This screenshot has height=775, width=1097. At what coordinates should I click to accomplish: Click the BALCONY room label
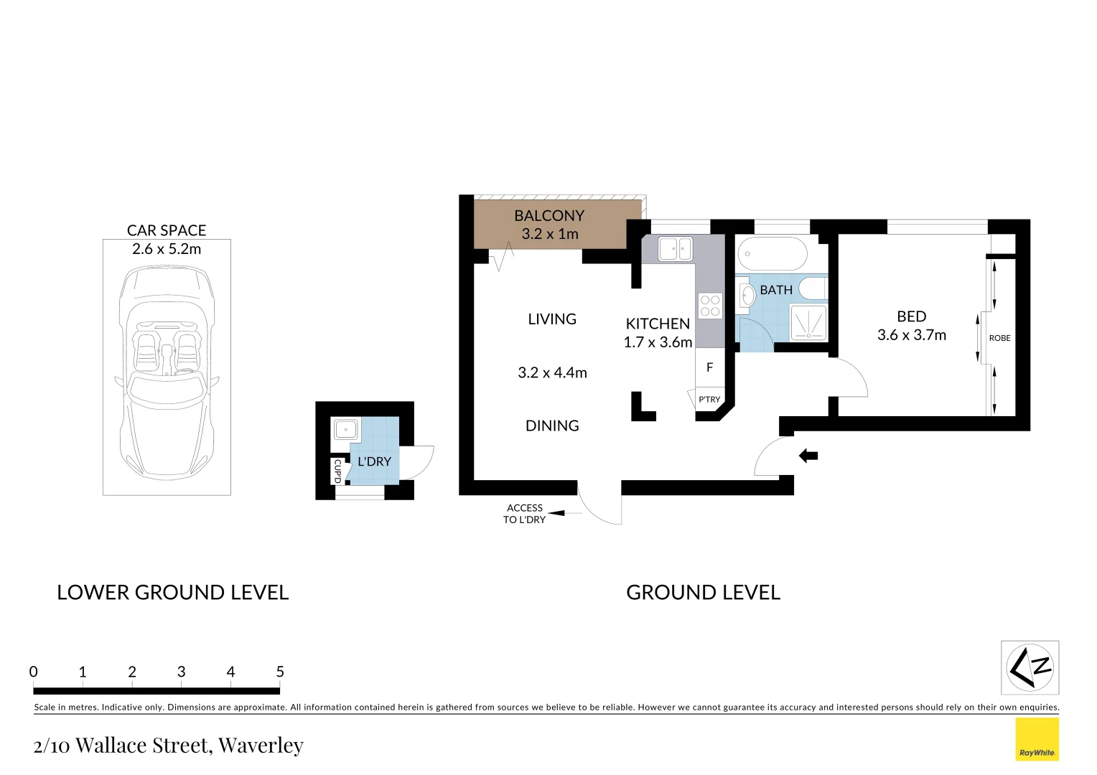coord(549,215)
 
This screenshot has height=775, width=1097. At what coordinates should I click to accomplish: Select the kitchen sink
coord(675,249)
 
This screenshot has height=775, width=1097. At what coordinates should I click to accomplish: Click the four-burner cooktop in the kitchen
coord(710,306)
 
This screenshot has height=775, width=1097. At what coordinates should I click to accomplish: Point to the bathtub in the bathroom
coord(772,254)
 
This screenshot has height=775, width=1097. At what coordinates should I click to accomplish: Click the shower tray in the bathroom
coord(808,322)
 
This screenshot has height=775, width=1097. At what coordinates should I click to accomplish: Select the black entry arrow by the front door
coord(808,456)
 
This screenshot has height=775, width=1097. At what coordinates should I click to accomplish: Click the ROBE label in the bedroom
coord(999,338)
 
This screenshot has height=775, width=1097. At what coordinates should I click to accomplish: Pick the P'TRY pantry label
coord(709,400)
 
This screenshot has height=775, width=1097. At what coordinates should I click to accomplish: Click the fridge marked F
coord(709,367)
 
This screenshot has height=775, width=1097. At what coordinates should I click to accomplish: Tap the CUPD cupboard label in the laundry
coord(337,471)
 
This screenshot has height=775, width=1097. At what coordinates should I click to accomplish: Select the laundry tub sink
coord(345,430)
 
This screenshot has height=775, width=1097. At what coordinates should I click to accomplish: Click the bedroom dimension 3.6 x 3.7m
coord(912,335)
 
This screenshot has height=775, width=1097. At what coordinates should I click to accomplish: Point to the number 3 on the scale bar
coord(181,672)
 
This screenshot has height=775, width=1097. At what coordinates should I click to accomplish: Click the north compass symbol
coord(1030,667)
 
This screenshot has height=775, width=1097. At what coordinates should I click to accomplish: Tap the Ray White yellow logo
coord(1037,739)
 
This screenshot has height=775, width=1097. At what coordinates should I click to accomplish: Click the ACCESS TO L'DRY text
coord(525,514)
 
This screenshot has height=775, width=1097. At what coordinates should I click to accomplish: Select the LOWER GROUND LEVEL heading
coord(172,593)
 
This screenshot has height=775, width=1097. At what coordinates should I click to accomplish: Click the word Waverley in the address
coord(261,746)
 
